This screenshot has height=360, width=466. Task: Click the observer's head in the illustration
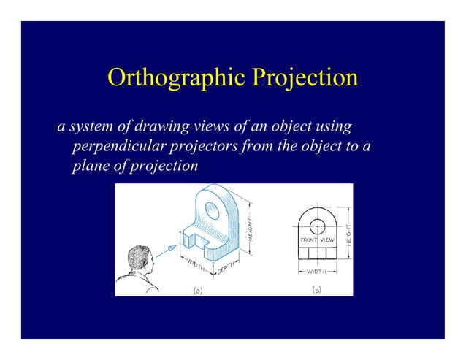[x=137, y=261]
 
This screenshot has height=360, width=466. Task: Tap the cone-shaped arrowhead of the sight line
[x=172, y=249]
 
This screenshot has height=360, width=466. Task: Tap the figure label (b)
[x=316, y=290]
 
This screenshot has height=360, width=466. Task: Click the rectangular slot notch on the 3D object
[x=191, y=238]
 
